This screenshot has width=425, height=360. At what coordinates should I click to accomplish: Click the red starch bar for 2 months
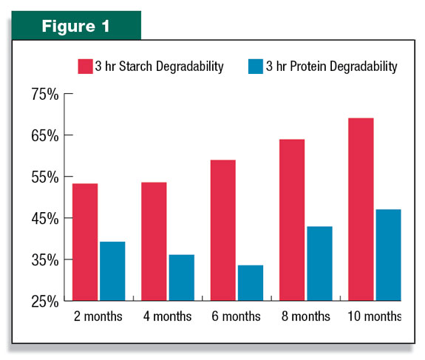coord(85,242)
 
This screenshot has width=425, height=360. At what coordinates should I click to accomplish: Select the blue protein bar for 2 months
coord(112,271)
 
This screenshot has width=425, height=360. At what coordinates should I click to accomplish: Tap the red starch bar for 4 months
coord(154,242)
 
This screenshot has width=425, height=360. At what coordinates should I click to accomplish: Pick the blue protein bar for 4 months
coord(182,278)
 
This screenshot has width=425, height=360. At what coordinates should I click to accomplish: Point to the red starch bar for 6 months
coord(223,230)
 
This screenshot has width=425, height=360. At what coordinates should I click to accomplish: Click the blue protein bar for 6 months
coord(251,282)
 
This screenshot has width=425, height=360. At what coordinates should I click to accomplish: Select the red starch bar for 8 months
coord(292,220)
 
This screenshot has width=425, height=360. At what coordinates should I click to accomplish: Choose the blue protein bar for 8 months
coord(319,263)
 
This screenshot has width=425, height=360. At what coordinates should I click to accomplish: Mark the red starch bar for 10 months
coord(361,209)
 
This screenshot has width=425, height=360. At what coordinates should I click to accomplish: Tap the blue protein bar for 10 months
coord(388,255)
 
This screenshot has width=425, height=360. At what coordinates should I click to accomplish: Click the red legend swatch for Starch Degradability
coord(85,67)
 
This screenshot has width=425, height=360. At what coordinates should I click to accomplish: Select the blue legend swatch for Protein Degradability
coord(256,67)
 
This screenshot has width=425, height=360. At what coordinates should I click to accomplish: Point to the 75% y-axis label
coord(45,95)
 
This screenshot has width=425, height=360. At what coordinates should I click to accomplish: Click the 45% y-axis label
coord(45,219)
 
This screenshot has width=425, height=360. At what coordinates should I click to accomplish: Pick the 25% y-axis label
coord(45,302)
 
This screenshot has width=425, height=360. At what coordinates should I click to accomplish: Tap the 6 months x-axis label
coord(236,316)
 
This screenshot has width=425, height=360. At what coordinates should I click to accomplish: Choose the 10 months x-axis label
coord(374,316)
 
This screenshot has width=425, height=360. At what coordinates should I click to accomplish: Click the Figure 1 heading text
coord(75,27)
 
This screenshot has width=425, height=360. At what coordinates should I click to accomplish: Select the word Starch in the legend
coord(135,67)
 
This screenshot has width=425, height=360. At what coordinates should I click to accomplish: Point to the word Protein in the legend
coord(308,67)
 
